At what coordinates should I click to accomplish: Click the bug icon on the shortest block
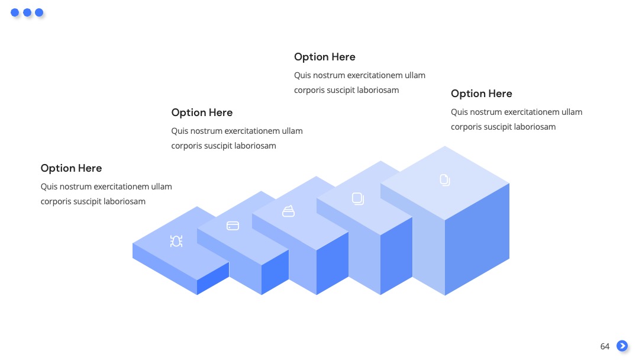pos(176,242)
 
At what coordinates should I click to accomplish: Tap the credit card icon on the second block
pos(233,226)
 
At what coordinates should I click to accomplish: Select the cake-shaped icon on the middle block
pos(289,211)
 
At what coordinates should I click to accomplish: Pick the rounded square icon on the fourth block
pos(358,198)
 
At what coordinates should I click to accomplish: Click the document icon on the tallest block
pos(445,180)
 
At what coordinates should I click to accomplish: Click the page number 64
pos(605,346)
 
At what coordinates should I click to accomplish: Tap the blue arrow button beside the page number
pos(622,346)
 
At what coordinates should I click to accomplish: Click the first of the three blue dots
pos(15,12)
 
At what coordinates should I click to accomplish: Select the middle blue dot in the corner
pos(27,12)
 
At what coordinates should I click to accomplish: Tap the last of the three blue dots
pos(39,12)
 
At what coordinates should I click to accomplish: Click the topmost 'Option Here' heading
pos(325,57)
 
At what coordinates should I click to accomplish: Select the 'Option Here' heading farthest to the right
pos(481,94)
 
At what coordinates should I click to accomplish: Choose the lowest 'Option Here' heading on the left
pos(72,168)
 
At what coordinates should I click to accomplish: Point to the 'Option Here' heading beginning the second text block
pos(202,112)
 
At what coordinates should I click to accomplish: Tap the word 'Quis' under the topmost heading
pos(302,75)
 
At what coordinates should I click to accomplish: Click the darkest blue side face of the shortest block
pos(213,278)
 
